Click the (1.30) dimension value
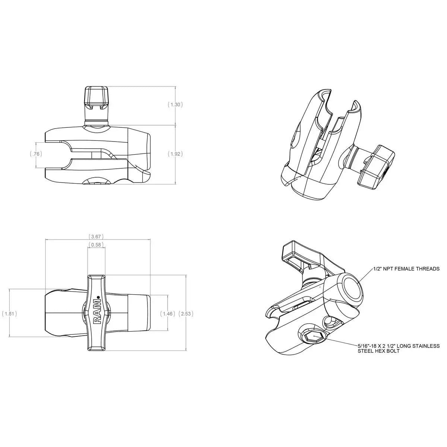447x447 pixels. click(x=175, y=105)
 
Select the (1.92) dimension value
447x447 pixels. click(x=175, y=153)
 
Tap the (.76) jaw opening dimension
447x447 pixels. click(x=35, y=153)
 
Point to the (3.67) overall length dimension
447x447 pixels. click(x=96, y=237)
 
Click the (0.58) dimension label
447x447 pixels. click(x=96, y=245)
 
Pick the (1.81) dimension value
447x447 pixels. click(x=9, y=314)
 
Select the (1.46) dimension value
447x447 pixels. click(x=167, y=314)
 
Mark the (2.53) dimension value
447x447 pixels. click(x=186, y=314)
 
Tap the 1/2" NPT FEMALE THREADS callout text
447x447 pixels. click(x=406, y=269)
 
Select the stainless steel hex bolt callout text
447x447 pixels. click(x=398, y=348)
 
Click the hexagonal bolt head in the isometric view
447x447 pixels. click(x=313, y=337)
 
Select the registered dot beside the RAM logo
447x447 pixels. click(x=98, y=297)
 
